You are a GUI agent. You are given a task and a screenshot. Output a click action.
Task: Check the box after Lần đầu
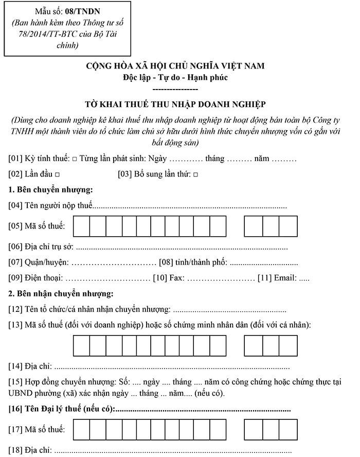[57, 175]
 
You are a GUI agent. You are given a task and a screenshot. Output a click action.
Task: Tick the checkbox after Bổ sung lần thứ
[195, 175]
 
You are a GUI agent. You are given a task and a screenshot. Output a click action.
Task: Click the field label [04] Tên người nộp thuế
[50, 206]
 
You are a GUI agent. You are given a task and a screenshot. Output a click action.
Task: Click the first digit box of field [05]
[82, 226]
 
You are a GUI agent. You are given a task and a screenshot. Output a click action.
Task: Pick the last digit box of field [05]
[288, 226]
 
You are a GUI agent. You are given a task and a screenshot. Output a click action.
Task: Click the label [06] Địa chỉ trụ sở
[42, 247]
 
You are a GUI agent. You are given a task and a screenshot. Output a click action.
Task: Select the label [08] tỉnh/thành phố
[193, 262]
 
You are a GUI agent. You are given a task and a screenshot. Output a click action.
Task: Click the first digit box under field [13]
[82, 345]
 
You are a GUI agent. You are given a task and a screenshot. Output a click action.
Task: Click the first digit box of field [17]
[82, 430]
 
